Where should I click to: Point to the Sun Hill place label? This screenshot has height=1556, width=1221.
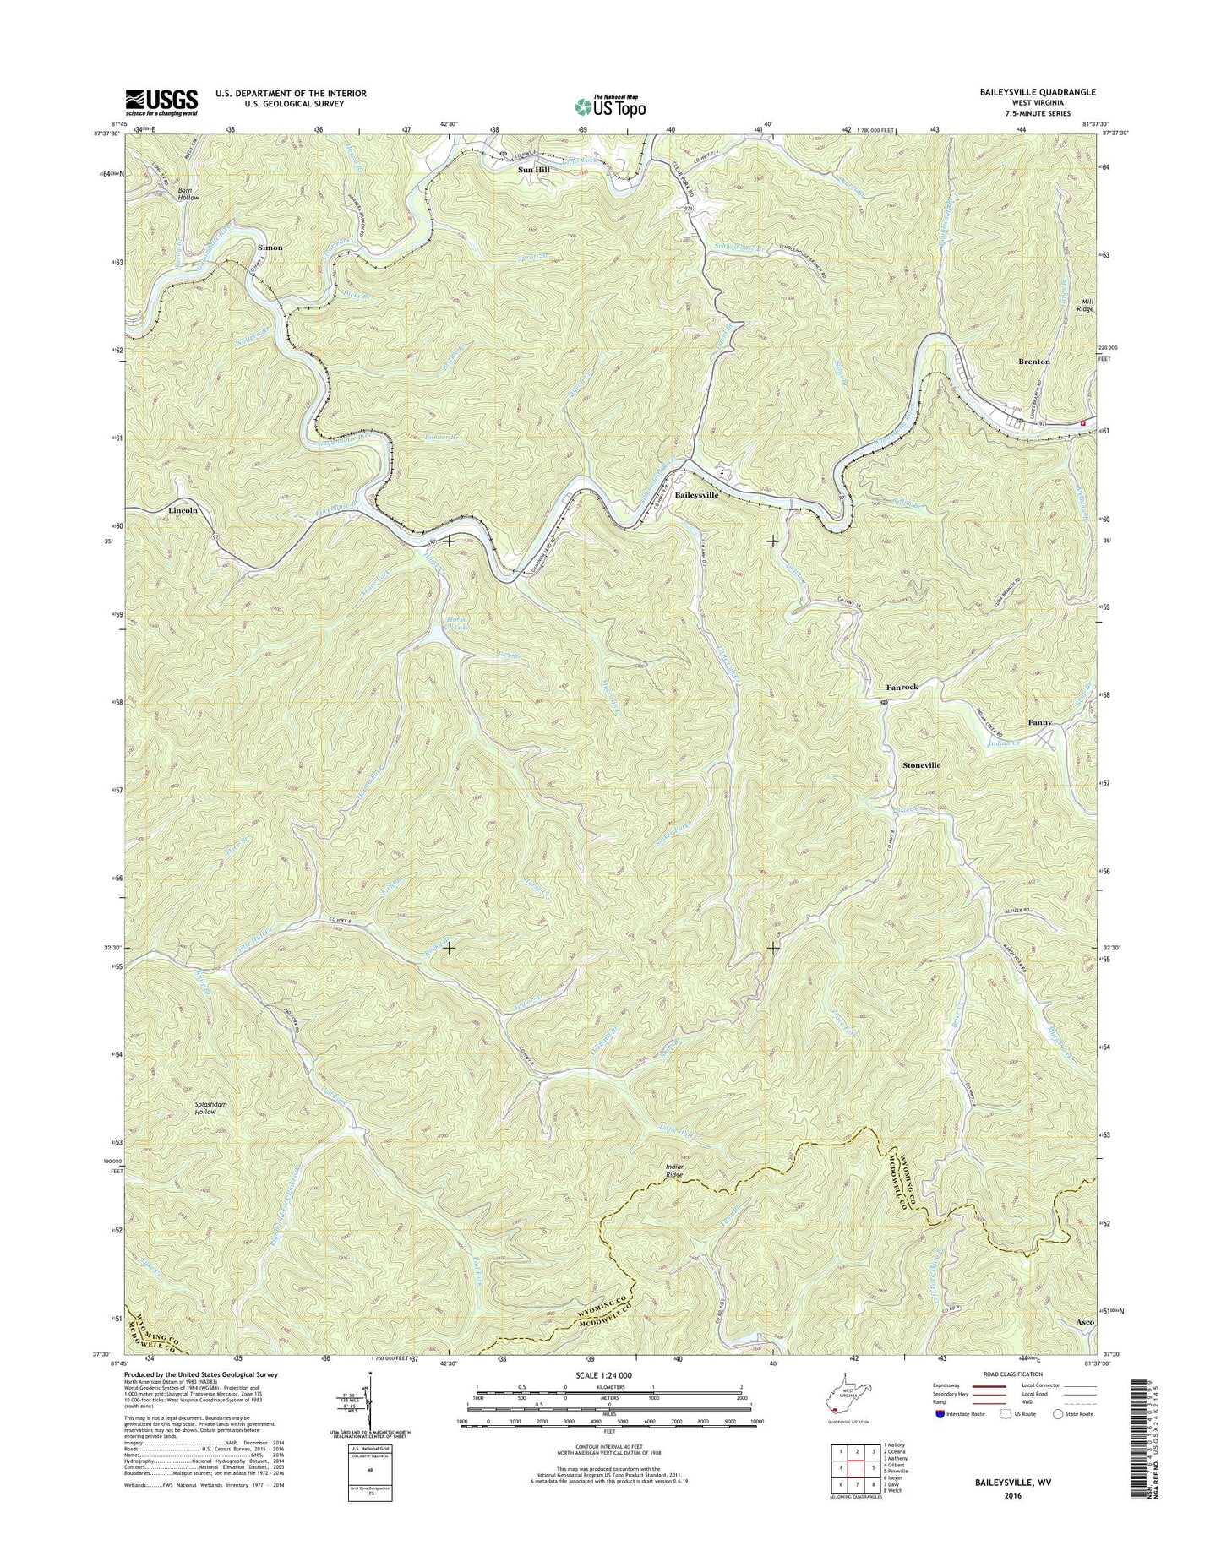533,170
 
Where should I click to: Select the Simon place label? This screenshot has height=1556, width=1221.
270,248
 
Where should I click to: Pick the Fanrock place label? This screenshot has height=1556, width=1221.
902,688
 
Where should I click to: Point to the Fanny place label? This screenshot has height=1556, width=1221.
1039,723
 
